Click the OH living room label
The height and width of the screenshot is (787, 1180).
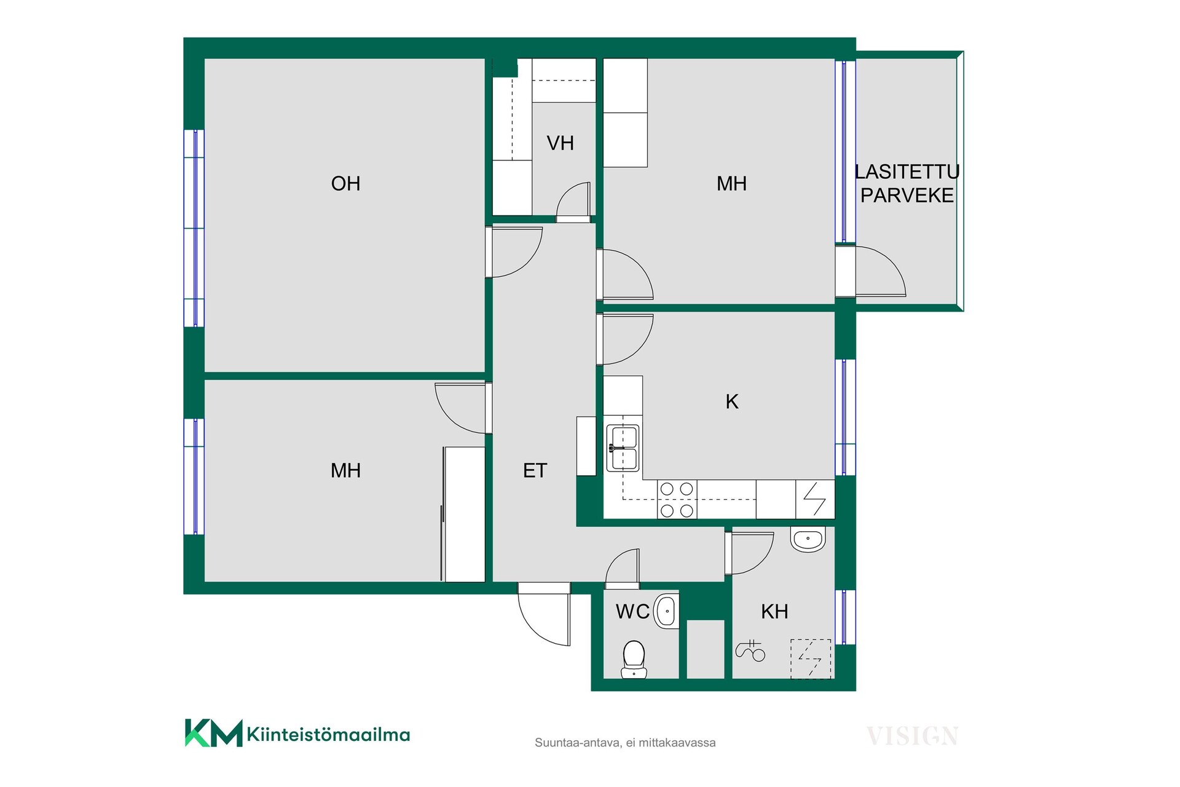point(345,183)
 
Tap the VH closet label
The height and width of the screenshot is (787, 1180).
point(560,143)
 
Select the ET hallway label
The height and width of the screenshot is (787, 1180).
point(535,470)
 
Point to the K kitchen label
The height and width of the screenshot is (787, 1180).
point(731,401)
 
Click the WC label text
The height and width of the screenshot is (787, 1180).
point(632,611)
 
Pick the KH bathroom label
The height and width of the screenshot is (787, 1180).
point(774,611)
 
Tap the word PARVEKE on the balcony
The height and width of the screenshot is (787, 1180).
point(907,196)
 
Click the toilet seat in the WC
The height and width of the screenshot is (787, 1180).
point(634,658)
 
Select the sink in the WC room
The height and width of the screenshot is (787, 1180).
point(666,611)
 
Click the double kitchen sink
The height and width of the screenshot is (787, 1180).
point(623,448)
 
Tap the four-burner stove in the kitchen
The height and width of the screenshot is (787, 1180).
point(677,499)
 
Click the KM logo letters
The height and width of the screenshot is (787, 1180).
point(214,733)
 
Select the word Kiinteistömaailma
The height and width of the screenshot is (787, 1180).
point(328,734)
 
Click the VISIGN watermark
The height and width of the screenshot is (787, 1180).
point(912,736)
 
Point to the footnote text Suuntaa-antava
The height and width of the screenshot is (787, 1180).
point(577,743)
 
